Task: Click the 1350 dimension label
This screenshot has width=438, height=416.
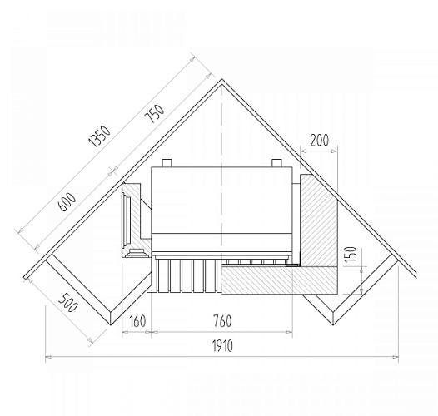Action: [x=99, y=136]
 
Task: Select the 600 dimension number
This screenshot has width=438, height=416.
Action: [x=67, y=202]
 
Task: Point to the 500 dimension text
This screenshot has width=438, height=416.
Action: [x=67, y=302]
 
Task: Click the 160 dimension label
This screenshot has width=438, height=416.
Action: [x=137, y=321]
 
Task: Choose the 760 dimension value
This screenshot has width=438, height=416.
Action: [x=222, y=321]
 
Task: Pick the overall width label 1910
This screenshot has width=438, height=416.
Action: [x=222, y=346]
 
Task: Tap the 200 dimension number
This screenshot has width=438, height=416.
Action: [x=319, y=140]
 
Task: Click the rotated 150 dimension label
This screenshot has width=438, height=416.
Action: [x=351, y=254]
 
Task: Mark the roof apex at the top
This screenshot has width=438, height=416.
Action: [x=222, y=79]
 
